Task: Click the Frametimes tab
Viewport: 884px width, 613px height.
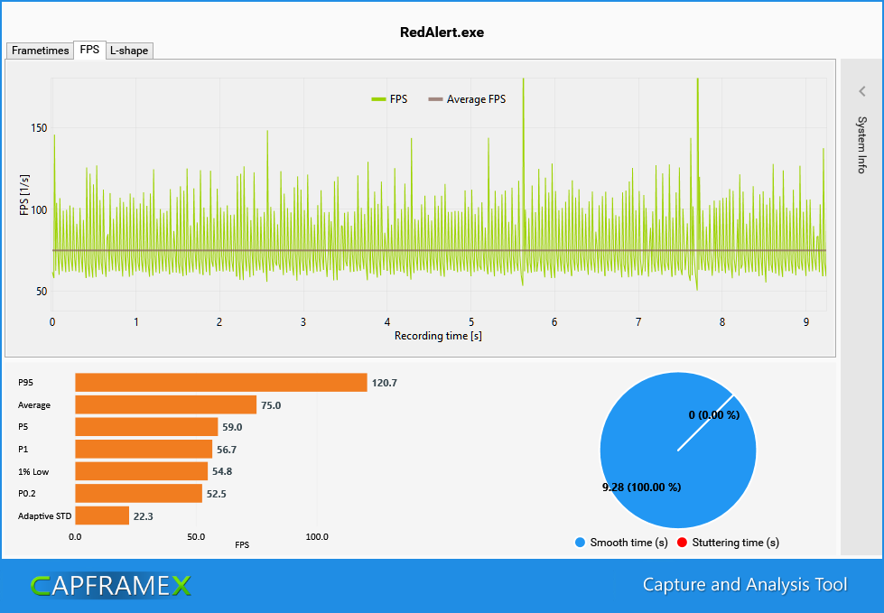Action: (40, 51)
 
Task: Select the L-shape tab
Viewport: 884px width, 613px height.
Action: (129, 51)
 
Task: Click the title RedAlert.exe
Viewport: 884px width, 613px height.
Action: (442, 32)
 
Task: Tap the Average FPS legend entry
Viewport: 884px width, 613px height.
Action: (467, 99)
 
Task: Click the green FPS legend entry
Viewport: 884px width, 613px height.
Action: (389, 99)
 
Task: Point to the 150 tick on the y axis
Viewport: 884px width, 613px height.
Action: (38, 128)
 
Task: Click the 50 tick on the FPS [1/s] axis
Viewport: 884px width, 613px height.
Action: (41, 292)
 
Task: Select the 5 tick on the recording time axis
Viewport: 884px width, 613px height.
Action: (470, 321)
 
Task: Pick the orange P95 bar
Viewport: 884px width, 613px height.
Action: (220, 383)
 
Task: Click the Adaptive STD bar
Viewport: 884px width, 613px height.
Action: (101, 515)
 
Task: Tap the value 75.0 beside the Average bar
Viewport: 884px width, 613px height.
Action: (271, 405)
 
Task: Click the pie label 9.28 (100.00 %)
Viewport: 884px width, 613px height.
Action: (641, 488)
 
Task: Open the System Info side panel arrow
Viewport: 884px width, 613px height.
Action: (862, 91)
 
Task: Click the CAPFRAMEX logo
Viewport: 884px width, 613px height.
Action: (110, 586)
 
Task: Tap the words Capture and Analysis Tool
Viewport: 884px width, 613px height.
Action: (745, 585)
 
